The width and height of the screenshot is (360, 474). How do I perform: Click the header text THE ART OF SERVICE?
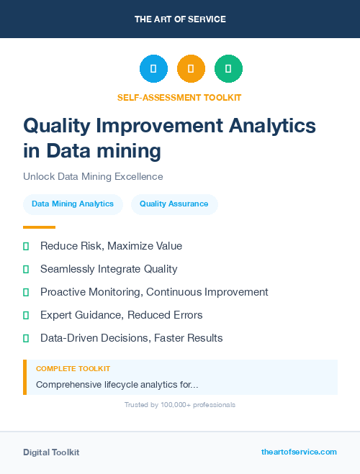tap(180, 19)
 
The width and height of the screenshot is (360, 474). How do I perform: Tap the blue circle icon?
tap(153, 68)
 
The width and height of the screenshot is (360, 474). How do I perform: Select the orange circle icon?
tap(191, 68)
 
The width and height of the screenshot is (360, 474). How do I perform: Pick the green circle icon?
tap(228, 68)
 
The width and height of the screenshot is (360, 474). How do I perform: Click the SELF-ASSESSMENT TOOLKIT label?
tap(179, 97)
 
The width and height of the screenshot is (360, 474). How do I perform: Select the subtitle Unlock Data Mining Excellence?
tap(93, 176)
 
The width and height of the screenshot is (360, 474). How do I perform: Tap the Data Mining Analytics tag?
tap(73, 204)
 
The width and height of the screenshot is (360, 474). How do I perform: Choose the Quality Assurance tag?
tap(174, 204)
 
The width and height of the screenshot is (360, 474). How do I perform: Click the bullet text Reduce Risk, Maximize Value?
tap(111, 246)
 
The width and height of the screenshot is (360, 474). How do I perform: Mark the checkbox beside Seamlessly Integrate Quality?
tap(26, 270)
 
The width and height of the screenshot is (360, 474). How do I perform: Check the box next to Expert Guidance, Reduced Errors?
tap(26, 316)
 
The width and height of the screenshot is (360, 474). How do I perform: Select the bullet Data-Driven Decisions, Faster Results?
tap(131, 338)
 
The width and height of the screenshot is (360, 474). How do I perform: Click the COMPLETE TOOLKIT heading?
tap(73, 369)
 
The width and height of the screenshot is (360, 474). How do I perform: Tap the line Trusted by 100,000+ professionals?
tap(180, 405)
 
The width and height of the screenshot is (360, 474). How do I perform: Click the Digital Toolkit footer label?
tap(51, 452)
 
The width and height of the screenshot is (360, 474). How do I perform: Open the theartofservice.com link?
tap(299, 452)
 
